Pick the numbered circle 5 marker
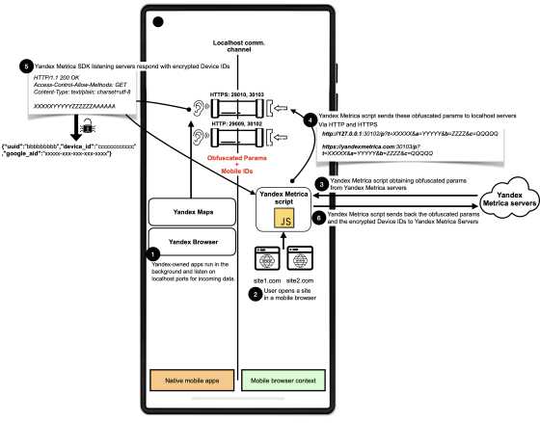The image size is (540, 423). [24, 66]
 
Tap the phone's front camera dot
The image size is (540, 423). [158, 20]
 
